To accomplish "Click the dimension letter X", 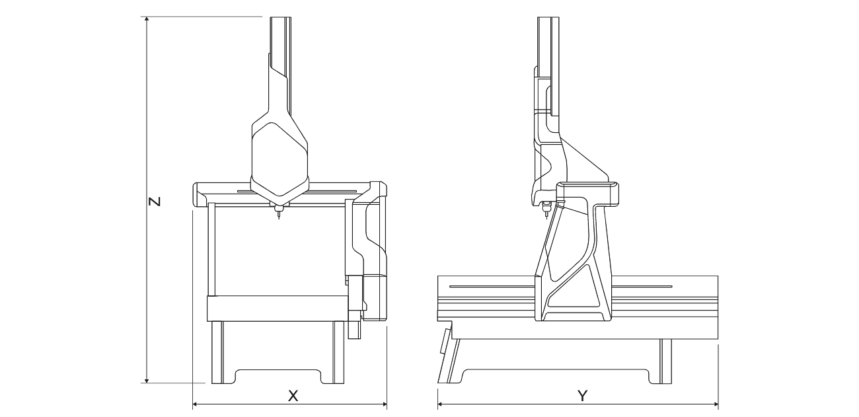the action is point(293,395).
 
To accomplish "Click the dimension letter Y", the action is point(583,395).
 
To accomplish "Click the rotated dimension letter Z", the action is point(154,202).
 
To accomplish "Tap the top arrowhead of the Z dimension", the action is point(147,20).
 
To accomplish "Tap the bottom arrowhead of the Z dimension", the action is point(147,379).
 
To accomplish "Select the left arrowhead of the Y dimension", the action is point(441,404).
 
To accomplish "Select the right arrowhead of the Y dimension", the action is point(715,404).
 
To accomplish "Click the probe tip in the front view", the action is point(279,218).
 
